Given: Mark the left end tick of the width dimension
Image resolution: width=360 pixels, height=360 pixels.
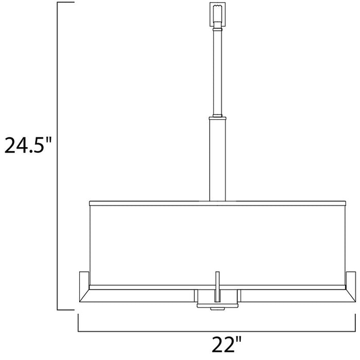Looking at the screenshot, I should (78, 322).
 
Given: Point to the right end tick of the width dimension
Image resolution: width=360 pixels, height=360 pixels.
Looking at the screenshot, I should (355, 322).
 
